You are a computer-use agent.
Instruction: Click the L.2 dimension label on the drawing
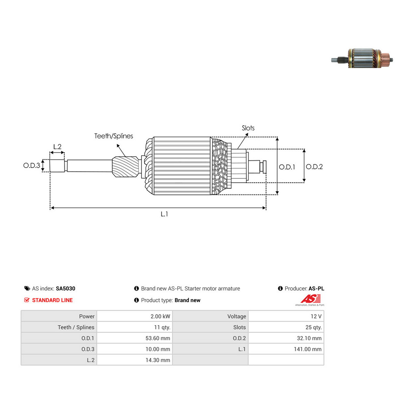coord(57,147)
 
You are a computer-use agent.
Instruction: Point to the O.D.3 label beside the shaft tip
coord(32,165)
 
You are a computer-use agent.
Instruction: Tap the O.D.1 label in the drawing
coord(287,167)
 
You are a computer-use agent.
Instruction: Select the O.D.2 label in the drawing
coord(314,167)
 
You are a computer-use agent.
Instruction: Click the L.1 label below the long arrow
coord(164,214)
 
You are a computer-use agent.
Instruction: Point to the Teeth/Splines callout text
coord(114,136)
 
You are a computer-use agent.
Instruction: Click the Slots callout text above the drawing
coord(248,128)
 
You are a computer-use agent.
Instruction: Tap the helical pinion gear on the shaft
coord(125,167)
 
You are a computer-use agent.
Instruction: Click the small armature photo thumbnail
coord(362,58)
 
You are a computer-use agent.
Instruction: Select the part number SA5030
coord(66,288)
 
